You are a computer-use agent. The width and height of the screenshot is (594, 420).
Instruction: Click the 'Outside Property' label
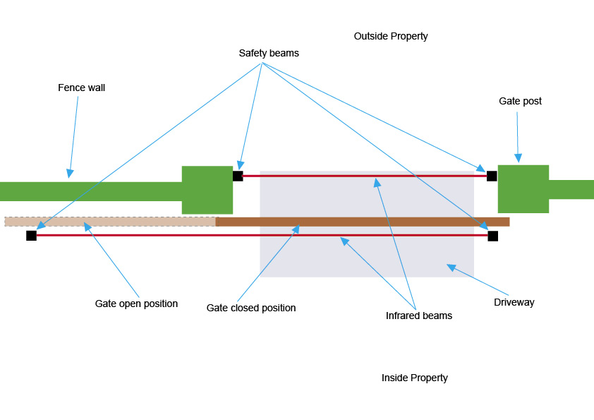click(391, 37)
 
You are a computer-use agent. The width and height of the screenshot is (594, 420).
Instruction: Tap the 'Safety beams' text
click(269, 53)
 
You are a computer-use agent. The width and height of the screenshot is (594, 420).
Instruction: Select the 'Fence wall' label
click(81, 88)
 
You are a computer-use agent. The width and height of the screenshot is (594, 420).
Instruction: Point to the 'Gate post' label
click(520, 101)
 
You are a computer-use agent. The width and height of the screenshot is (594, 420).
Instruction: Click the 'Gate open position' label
click(136, 304)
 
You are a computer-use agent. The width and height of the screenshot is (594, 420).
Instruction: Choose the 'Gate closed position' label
click(250, 308)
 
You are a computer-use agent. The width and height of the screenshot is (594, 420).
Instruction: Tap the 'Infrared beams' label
click(419, 316)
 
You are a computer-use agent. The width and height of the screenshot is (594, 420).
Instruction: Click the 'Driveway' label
click(514, 303)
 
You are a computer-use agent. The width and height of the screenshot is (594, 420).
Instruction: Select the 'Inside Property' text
click(414, 378)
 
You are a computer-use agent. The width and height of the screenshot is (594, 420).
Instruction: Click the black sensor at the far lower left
click(32, 235)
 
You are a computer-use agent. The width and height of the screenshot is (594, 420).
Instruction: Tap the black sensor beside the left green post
click(238, 176)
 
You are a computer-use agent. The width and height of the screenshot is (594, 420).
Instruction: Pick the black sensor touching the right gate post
click(492, 176)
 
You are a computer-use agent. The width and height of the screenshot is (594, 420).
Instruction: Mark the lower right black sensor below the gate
click(493, 236)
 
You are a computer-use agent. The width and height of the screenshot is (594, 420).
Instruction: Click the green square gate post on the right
click(523, 188)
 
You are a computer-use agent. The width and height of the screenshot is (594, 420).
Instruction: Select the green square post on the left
click(207, 190)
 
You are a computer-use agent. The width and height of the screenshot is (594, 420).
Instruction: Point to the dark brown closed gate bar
click(363, 222)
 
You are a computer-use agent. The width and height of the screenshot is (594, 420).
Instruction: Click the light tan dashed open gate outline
click(110, 222)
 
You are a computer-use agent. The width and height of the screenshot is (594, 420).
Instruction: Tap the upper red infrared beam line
click(365, 176)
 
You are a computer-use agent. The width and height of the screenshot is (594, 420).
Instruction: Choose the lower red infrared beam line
click(262, 235)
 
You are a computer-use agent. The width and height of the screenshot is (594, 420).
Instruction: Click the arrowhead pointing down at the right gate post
click(519, 158)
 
